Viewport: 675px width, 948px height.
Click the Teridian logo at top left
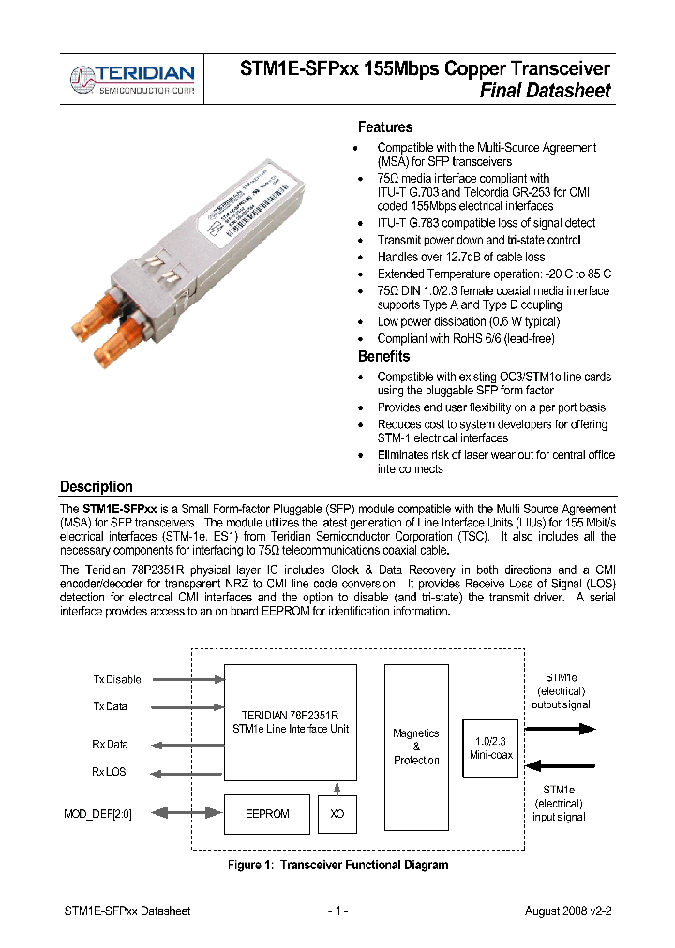click(133, 79)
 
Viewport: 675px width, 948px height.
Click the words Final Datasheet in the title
click(545, 91)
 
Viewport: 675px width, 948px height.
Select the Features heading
click(384, 127)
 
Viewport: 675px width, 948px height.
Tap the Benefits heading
click(383, 357)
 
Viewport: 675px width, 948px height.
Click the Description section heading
click(97, 487)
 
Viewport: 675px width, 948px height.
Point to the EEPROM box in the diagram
click(267, 814)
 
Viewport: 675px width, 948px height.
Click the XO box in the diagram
click(337, 814)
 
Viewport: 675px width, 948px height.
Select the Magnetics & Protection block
click(416, 747)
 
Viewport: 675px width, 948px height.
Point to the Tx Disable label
click(117, 679)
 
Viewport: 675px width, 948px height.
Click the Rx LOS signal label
click(110, 772)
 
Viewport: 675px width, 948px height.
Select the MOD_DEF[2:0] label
click(97, 814)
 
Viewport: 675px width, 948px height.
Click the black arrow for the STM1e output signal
click(560, 727)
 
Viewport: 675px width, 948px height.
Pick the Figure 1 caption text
click(337, 865)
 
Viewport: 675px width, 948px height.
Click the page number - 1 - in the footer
click(337, 911)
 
